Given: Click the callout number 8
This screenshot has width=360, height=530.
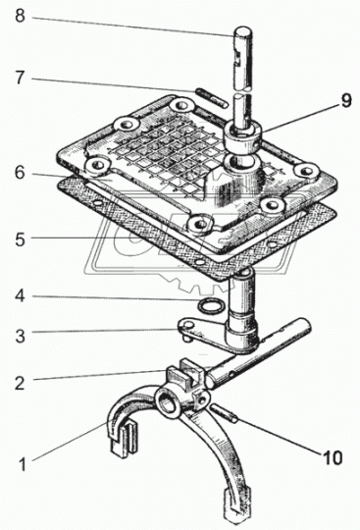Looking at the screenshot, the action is pyautogui.click(x=20, y=16).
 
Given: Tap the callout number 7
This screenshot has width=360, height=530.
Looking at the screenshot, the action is pyautogui.click(x=20, y=78).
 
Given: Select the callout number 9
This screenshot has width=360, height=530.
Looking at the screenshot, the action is pyautogui.click(x=346, y=100).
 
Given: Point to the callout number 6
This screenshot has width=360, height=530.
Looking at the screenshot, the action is pyautogui.click(x=20, y=173).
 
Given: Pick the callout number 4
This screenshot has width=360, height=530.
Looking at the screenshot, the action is pyautogui.click(x=20, y=295).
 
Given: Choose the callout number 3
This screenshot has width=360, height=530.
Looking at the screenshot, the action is pyautogui.click(x=20, y=336).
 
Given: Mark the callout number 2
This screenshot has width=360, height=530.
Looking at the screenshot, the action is pyautogui.click(x=20, y=383).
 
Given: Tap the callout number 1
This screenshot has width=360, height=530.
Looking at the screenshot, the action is pyautogui.click(x=23, y=464).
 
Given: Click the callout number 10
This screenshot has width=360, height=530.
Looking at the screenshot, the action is pyautogui.click(x=333, y=457).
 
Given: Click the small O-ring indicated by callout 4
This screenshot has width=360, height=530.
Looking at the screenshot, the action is pyautogui.click(x=208, y=307).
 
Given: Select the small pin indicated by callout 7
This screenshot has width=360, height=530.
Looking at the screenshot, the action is pyautogui.click(x=211, y=98).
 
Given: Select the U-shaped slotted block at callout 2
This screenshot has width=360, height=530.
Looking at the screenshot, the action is pyautogui.click(x=184, y=373).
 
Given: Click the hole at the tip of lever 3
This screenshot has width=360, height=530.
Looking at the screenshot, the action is pyautogui.click(x=188, y=325).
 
